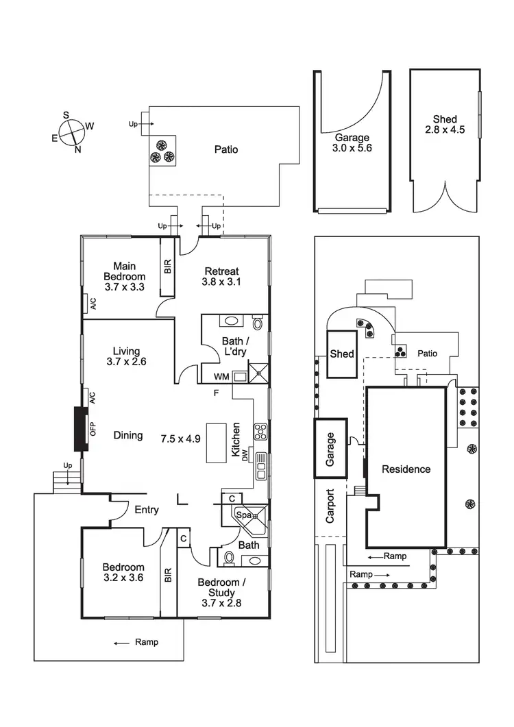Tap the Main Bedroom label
click(124, 276)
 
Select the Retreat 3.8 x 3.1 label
click(220, 276)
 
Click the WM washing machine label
click(221, 376)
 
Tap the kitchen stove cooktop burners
click(260, 432)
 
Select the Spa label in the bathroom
click(243, 514)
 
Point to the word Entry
click(147, 510)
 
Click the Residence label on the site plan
click(406, 469)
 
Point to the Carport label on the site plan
click(330, 506)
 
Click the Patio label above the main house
click(225, 149)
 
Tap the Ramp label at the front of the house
click(145, 642)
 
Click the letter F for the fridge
click(216, 393)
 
